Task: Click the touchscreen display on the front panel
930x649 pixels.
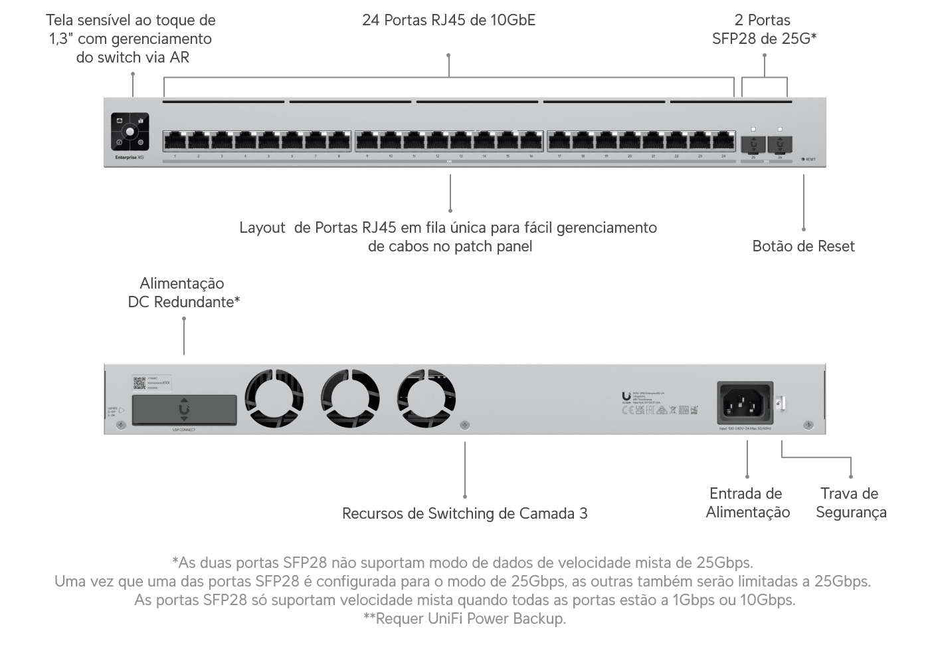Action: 130,132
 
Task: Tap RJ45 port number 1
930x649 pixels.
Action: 175,141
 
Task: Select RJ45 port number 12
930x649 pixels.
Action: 437,141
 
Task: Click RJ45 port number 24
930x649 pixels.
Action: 723,141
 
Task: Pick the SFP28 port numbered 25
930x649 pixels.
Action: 753,144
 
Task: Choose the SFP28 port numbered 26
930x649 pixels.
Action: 779,144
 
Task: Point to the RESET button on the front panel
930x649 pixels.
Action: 804,160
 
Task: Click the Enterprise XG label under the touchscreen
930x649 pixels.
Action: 129,158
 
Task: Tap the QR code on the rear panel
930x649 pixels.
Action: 139,382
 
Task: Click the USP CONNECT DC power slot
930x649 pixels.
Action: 184,410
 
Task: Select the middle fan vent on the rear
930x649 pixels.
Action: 350,398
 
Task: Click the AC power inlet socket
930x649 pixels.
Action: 745,402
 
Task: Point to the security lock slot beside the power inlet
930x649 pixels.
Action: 781,402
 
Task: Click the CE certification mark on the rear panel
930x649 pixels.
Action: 626,410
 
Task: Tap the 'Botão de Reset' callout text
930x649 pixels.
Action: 803,246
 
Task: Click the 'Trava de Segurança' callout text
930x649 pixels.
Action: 850,503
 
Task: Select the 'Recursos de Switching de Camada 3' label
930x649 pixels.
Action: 464,513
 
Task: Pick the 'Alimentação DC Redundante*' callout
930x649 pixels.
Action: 183,293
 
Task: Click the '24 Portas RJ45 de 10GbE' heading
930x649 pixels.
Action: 448,20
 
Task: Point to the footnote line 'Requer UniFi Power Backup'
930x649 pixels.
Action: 464,619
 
